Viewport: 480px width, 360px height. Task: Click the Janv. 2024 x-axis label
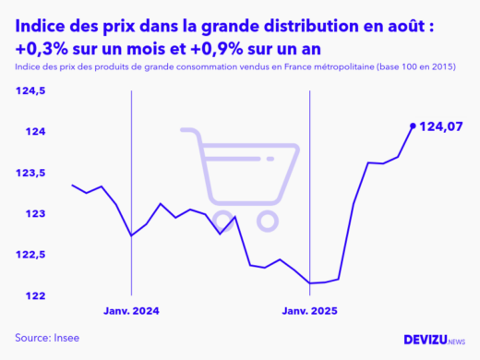tap(132, 313)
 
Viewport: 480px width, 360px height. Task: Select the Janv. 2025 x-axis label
tap(309, 313)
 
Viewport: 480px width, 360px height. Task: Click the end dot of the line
tap(412, 125)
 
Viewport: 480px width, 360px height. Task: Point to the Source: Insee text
tap(47, 338)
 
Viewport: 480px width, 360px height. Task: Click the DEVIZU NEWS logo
tap(435, 340)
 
